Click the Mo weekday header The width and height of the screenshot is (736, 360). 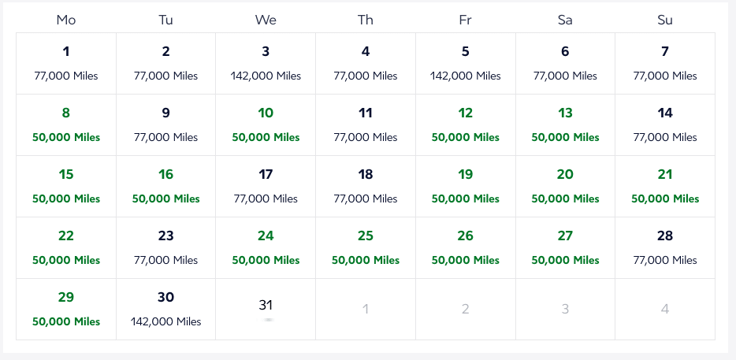66,20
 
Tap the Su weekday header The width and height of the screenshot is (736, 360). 665,20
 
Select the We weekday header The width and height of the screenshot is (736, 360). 266,20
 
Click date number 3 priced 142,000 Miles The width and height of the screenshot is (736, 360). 266,52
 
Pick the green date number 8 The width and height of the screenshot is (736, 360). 66,113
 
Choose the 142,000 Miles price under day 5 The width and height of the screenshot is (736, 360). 465,76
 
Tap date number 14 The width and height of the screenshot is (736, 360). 665,113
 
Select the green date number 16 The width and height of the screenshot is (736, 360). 165,175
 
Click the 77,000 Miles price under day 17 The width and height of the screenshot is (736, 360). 266,199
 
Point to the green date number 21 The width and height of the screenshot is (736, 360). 665,175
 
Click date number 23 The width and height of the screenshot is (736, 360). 165,236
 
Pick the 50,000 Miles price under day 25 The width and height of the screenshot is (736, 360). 366,261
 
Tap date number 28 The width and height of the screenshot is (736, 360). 665,236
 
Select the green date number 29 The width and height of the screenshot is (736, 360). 66,298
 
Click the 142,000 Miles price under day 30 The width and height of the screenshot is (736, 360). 165,322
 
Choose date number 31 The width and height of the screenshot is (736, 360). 266,305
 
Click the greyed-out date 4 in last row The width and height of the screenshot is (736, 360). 665,310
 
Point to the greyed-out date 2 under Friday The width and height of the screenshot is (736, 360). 465,310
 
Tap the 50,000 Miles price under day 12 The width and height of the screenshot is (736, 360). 465,138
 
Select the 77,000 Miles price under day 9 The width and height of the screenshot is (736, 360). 165,138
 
